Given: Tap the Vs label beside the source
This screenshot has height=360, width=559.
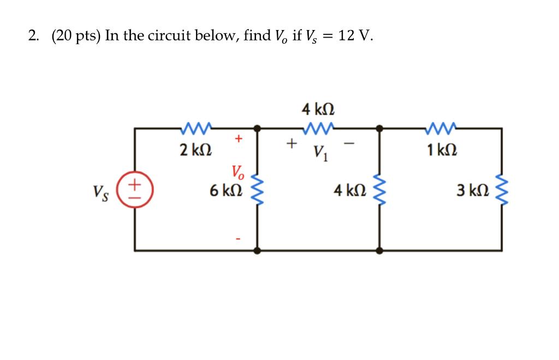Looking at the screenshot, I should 100,192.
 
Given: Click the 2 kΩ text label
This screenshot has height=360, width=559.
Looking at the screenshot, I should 196,149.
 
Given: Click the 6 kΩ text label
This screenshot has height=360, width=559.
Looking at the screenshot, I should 225,191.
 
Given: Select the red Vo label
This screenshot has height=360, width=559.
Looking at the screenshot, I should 239,173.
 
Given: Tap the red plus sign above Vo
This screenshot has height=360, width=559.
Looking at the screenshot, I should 238,139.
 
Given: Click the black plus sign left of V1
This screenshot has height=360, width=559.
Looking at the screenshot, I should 292,144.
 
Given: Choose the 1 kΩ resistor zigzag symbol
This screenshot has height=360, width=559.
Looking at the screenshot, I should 442,128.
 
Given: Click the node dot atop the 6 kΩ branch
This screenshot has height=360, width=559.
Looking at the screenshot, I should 257,129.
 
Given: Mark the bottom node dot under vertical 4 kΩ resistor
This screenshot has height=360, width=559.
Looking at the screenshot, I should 379,250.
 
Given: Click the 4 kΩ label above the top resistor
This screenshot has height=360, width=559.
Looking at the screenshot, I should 318,110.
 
